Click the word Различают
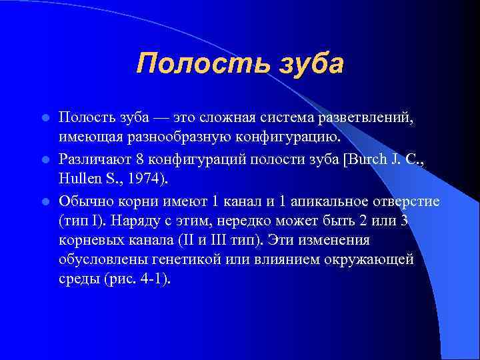(x=93, y=159)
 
